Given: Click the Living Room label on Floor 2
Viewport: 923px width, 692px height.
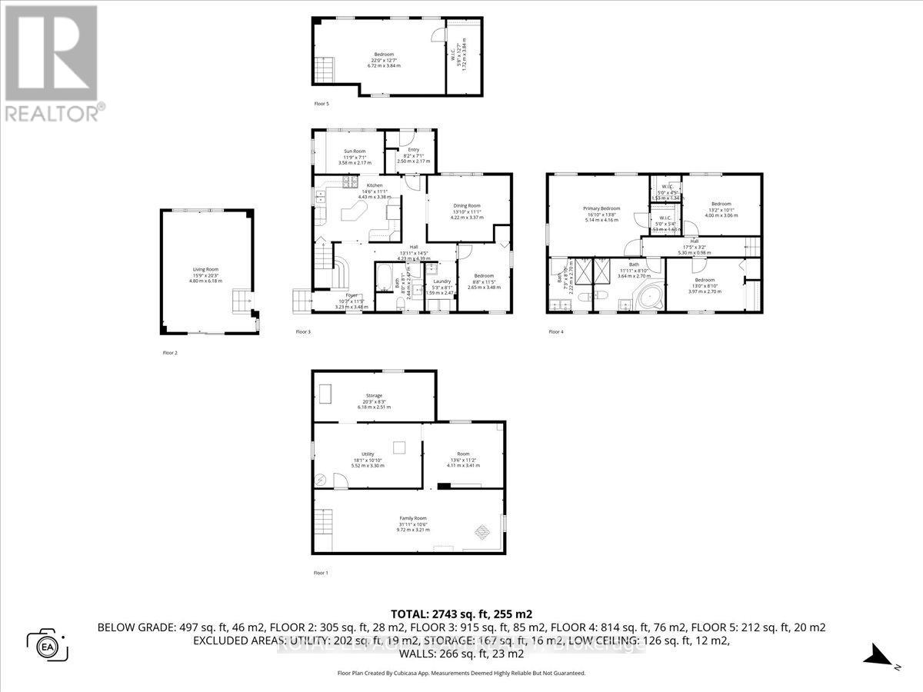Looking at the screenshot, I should point(206,269).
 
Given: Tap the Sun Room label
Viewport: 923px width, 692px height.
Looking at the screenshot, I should point(354,151).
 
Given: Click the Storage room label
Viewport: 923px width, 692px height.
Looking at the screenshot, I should point(374,395).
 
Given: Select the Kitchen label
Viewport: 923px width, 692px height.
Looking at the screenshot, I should point(374,185).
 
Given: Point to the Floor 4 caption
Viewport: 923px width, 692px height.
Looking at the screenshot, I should point(555,332).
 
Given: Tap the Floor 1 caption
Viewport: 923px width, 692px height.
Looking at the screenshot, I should point(321,573).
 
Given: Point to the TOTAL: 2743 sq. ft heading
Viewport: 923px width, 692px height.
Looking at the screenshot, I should point(461,614).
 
